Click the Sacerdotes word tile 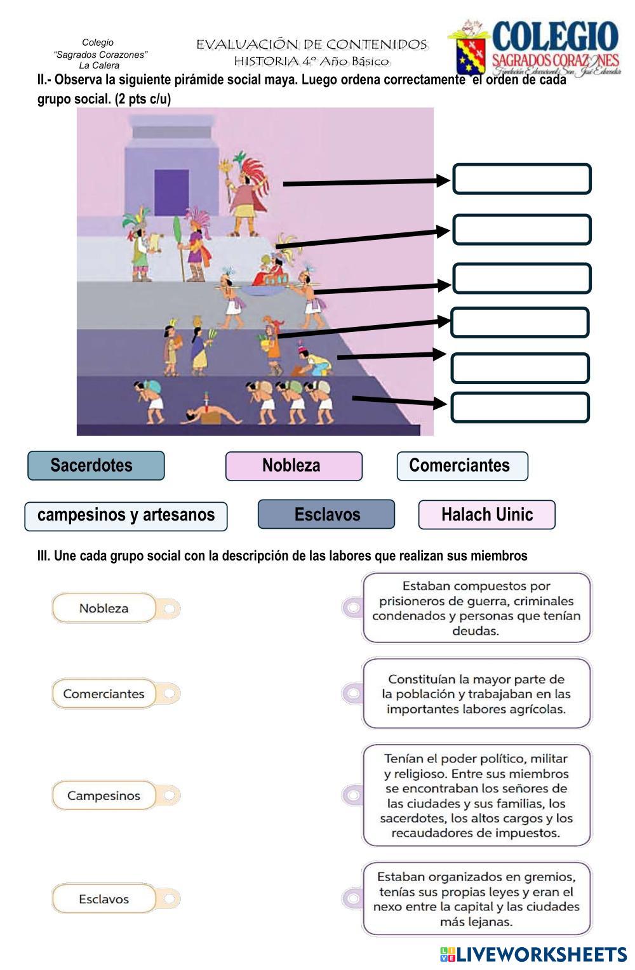pos(96,465)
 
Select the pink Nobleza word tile pos(293,465)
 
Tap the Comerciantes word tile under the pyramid pos(462,465)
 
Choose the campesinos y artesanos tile pos(126,515)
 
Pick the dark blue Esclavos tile pos(326,514)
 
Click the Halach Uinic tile pos(486,514)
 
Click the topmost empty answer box pos(521,179)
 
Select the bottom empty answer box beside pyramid pos(519,408)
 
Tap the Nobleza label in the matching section pos(104,608)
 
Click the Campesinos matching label pos(104,795)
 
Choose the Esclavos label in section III pos(104,899)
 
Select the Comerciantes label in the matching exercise pos(104,694)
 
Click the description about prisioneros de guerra pos(476,608)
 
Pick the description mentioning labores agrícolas pos(476,694)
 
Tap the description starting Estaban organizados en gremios pos(476,899)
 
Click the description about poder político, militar pos(476,795)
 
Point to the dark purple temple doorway pos(171,192)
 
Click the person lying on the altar pos(210,415)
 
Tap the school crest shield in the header pos(471,53)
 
